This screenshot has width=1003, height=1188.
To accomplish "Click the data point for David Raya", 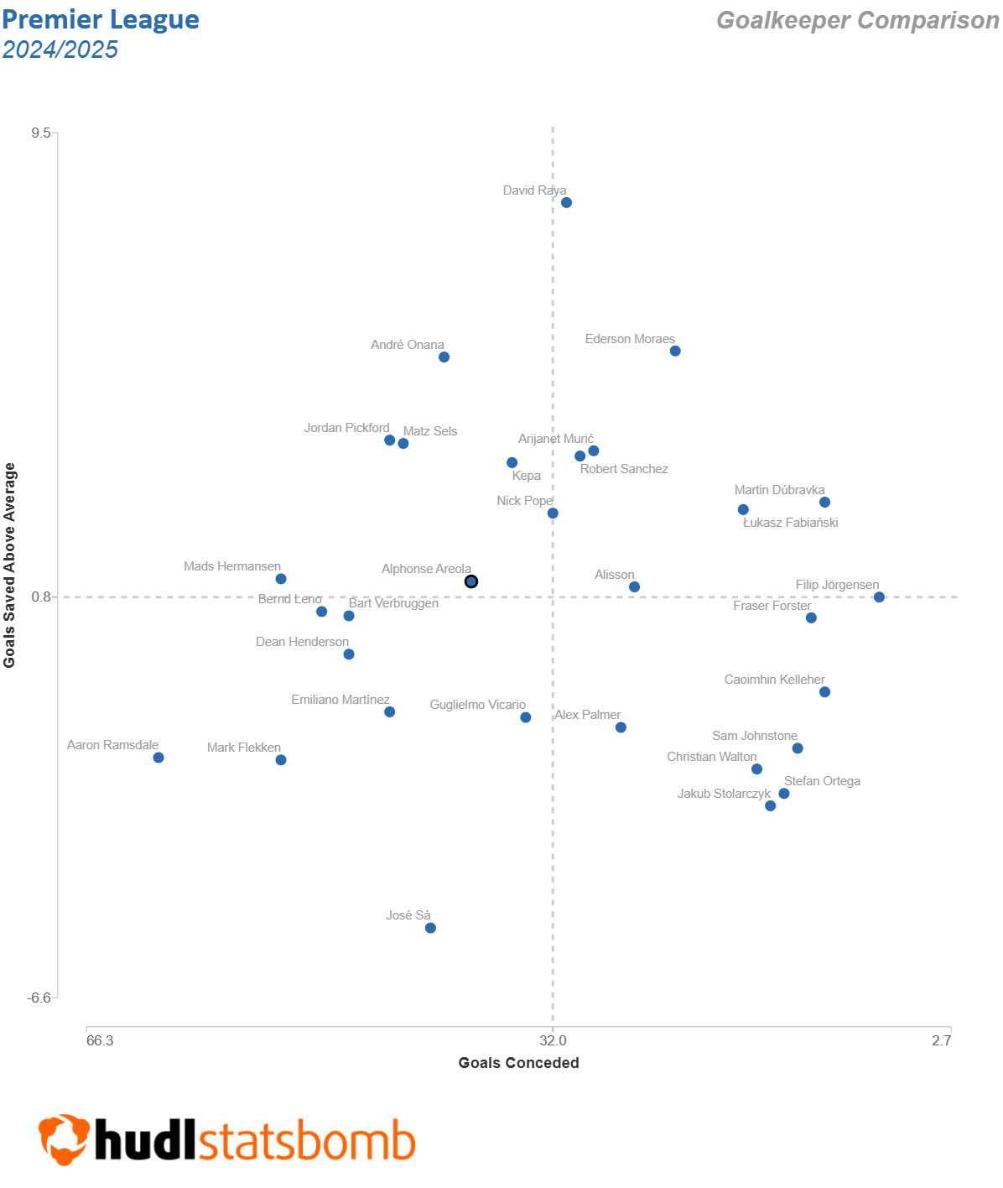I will (x=566, y=202).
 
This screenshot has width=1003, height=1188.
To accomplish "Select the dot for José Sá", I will (x=430, y=928).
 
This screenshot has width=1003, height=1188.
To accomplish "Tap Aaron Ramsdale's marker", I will (x=159, y=758).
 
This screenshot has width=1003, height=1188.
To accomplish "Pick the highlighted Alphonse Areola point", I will (x=471, y=581).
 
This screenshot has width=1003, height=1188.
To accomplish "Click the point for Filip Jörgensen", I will (x=879, y=597).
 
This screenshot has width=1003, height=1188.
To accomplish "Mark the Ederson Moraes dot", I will (x=675, y=351).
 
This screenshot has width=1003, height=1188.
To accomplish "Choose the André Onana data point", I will (x=444, y=357).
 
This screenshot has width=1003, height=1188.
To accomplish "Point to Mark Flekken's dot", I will (x=281, y=760).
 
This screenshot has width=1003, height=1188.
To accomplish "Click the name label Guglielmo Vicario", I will (x=477, y=705).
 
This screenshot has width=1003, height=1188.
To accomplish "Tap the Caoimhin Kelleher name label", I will (x=774, y=680).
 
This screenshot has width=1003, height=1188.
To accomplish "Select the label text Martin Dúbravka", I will (x=779, y=490).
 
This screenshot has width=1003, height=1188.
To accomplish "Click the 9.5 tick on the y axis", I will (x=41, y=133).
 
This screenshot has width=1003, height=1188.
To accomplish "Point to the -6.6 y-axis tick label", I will (x=39, y=998).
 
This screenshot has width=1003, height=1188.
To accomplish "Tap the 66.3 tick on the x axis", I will (x=100, y=1040).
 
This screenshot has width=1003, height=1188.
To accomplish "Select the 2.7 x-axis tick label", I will (x=941, y=1040).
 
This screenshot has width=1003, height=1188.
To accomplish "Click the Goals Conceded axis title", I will (x=518, y=1063).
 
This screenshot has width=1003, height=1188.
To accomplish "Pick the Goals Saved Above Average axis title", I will (x=10, y=565).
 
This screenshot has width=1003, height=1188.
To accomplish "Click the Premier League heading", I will (x=101, y=19).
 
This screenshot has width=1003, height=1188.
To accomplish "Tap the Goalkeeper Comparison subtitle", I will (x=857, y=20).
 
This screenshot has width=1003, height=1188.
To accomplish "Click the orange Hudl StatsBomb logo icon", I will (x=64, y=1139).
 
